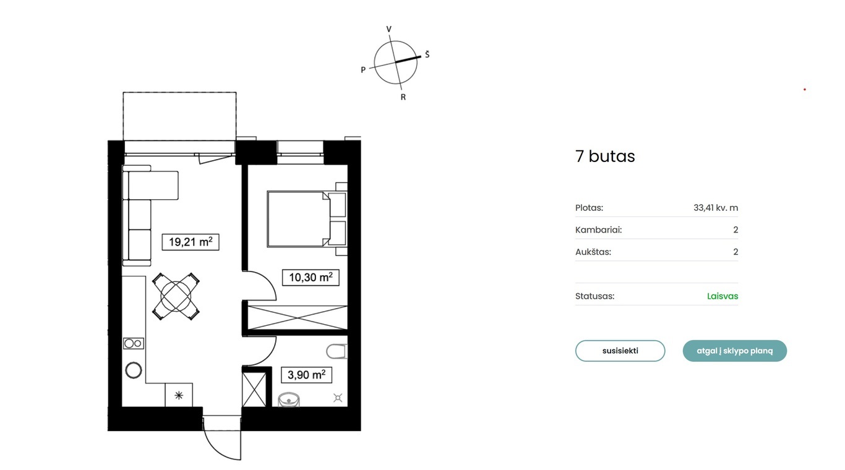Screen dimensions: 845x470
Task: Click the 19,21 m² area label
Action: click(x=191, y=242)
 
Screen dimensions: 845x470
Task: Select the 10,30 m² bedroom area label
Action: click(x=311, y=278)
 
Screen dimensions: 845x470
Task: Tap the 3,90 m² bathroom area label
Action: click(x=307, y=375)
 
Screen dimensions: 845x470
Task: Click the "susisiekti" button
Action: click(x=620, y=351)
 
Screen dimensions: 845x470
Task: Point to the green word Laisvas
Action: click(x=723, y=296)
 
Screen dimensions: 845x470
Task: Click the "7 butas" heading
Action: click(x=605, y=156)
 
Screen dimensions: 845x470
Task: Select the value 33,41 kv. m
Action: click(x=716, y=208)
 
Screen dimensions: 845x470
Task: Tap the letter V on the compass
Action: click(x=389, y=29)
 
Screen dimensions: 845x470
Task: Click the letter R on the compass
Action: click(x=403, y=97)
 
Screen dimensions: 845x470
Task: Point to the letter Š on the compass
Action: click(x=427, y=54)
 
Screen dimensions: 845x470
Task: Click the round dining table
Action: click(x=176, y=296)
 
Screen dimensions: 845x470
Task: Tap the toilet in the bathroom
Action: click(x=337, y=351)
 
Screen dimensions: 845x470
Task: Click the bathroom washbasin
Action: click(x=289, y=400)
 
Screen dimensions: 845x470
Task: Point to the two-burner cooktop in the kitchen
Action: click(x=134, y=343)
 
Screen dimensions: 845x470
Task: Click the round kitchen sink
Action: click(x=134, y=370)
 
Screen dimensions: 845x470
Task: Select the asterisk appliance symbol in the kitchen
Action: click(x=179, y=395)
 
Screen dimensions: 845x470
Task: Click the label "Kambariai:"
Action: click(x=598, y=229)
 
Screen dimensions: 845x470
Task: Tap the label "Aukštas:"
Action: click(x=593, y=252)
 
